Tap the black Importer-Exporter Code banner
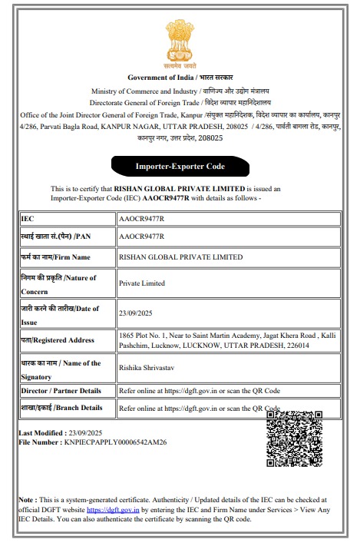click(180, 166)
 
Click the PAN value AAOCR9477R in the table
click(142, 237)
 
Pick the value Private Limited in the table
click(142, 283)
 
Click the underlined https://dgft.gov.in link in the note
click(113, 509)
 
